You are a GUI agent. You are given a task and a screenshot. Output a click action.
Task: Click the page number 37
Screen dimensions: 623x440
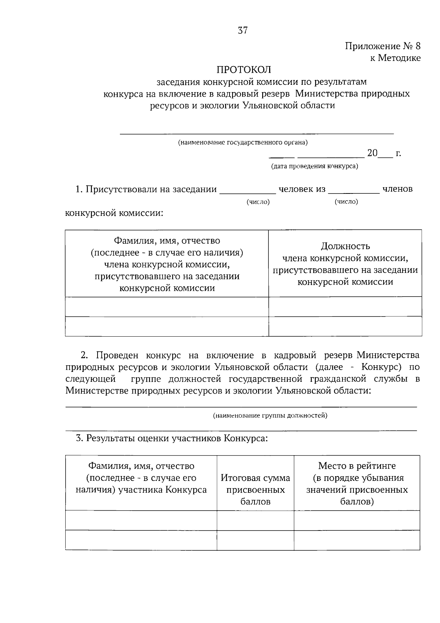(x=243, y=30)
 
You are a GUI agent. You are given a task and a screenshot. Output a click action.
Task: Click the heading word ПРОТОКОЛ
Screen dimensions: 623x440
(x=244, y=69)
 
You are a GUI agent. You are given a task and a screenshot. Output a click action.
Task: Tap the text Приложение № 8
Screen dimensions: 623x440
(x=382, y=46)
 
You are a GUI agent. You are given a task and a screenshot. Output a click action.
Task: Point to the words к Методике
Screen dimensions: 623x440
(x=395, y=58)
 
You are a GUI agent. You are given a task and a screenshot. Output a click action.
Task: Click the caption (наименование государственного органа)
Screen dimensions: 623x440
(x=243, y=142)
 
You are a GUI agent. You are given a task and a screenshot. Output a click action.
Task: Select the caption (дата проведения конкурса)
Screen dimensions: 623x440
(x=314, y=166)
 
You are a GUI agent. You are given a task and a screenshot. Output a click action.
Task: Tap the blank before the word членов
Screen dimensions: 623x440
(x=354, y=190)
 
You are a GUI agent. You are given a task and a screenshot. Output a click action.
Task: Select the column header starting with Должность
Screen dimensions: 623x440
(x=345, y=264)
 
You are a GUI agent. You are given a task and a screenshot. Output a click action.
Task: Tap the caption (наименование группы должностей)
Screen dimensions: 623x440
(x=270, y=416)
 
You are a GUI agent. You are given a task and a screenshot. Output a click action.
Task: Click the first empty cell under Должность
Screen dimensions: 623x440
(x=345, y=307)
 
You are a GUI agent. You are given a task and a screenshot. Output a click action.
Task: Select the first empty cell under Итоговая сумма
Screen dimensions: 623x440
(x=255, y=520)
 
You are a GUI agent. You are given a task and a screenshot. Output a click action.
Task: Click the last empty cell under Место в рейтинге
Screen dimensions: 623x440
(x=357, y=540)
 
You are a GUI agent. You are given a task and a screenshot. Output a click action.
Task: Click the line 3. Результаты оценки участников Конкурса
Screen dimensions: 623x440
(x=172, y=438)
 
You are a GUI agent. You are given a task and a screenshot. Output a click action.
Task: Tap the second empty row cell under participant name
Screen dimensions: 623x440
(x=141, y=540)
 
